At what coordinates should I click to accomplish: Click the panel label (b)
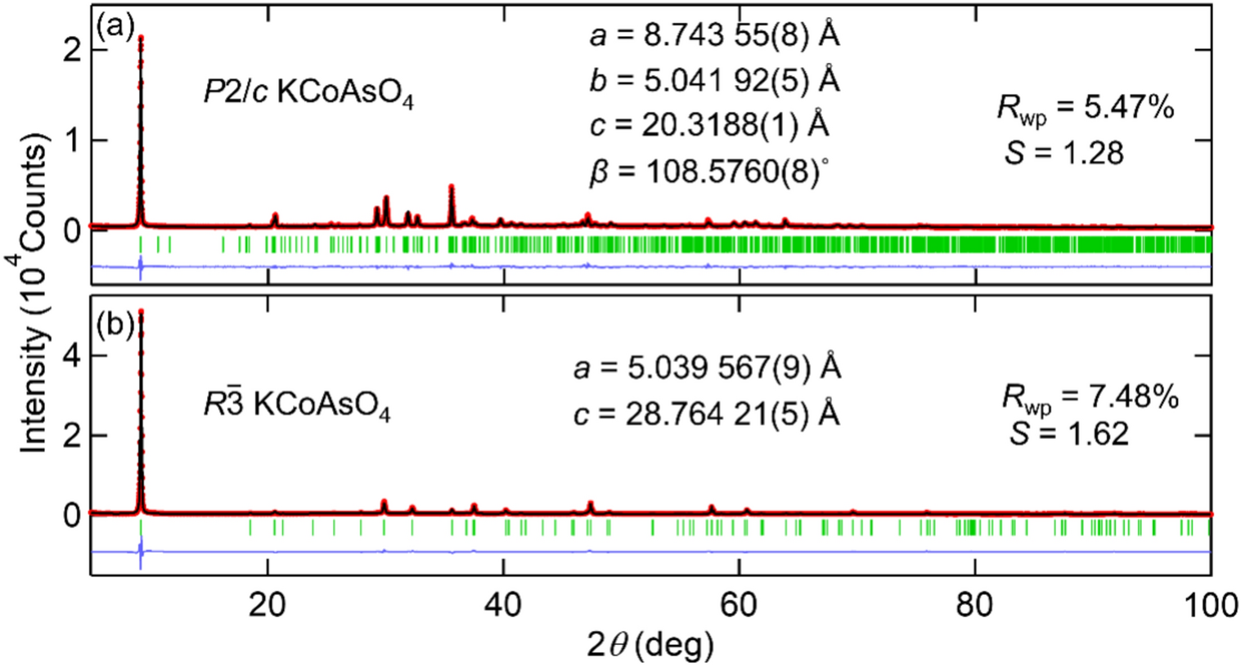click(x=115, y=325)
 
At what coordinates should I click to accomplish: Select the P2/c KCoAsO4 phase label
click(x=308, y=93)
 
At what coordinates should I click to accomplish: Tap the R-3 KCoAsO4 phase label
click(x=296, y=405)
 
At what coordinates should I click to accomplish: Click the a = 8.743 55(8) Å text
click(x=714, y=35)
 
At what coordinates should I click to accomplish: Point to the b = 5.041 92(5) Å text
click(x=714, y=80)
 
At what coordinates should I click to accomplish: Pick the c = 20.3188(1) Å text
click(x=708, y=125)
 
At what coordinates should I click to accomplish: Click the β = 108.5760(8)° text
click(x=708, y=172)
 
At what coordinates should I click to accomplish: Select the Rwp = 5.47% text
click(x=1085, y=108)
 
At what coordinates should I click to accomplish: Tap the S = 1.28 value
click(x=1063, y=153)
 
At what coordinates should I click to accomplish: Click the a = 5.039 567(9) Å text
click(x=707, y=368)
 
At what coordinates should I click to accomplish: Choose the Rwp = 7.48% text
click(x=1090, y=397)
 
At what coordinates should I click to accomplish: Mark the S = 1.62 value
click(x=1068, y=433)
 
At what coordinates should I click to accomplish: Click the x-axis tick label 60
click(x=739, y=605)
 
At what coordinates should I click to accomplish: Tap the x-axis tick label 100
click(x=1209, y=605)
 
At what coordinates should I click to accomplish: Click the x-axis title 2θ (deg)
click(x=650, y=645)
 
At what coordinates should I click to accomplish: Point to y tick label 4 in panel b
click(x=71, y=356)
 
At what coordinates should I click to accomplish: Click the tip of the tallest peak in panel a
click(x=141, y=37)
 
